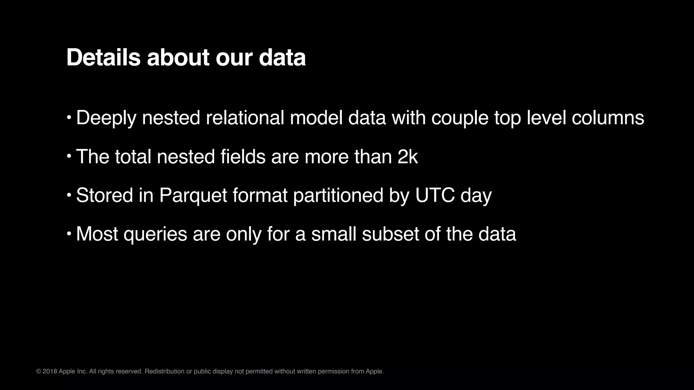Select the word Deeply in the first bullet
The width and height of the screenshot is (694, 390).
tap(106, 118)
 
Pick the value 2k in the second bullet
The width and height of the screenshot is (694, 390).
tap(408, 156)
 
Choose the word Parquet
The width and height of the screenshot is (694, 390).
tap(193, 195)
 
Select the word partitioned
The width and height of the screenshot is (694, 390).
tap(338, 195)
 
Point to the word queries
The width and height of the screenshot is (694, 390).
tap(155, 234)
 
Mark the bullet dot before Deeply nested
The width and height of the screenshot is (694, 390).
tap(69, 117)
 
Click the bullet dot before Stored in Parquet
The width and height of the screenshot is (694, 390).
tap(69, 195)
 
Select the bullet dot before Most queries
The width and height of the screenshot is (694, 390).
tap(69, 234)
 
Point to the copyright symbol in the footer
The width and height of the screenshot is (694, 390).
tap(38, 371)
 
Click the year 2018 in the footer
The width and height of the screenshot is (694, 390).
tap(50, 371)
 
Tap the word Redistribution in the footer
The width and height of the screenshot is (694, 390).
tap(164, 371)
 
